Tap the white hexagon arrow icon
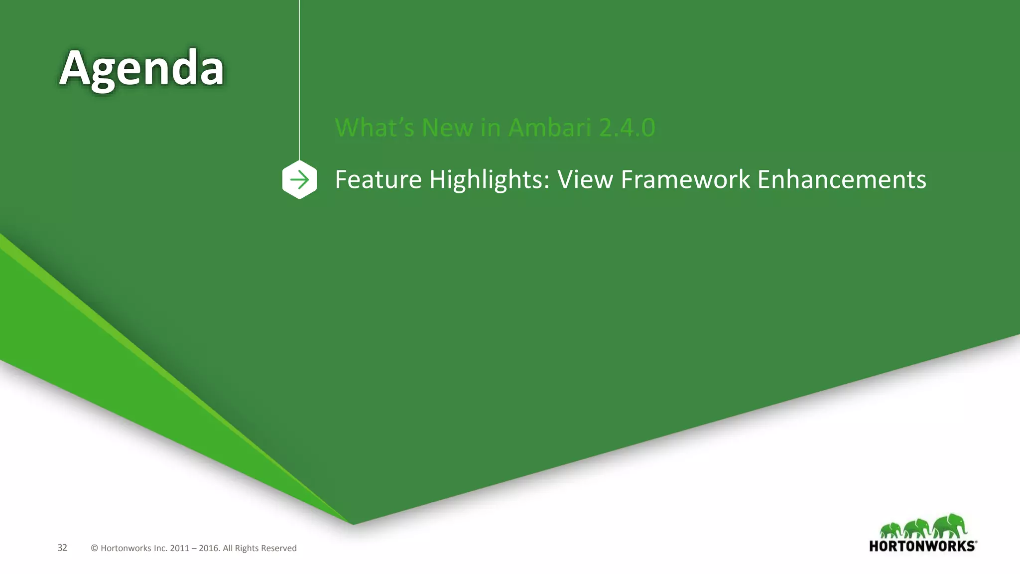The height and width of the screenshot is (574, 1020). pyautogui.click(x=299, y=179)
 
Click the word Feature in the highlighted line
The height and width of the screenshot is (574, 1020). pyautogui.click(x=378, y=179)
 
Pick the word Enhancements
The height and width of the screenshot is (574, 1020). pyautogui.click(x=841, y=179)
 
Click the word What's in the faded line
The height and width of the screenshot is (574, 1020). pyautogui.click(x=374, y=128)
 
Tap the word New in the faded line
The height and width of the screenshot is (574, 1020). pyautogui.click(x=447, y=128)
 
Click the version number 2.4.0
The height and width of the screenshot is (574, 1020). pyautogui.click(x=627, y=128)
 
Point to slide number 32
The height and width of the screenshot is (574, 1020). pyautogui.click(x=62, y=548)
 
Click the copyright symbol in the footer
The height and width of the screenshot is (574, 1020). pyautogui.click(x=94, y=548)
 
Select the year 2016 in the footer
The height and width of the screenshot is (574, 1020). pyautogui.click(x=208, y=548)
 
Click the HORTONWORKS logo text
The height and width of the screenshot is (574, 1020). pyautogui.click(x=922, y=546)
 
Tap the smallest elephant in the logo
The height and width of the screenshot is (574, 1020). pyautogui.click(x=891, y=530)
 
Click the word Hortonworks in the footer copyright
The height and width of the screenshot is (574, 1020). pyautogui.click(x=126, y=548)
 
